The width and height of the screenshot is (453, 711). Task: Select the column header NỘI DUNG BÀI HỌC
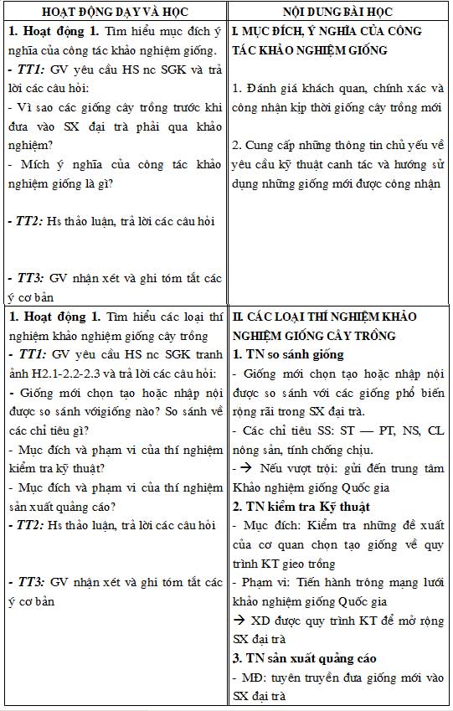click(x=340, y=12)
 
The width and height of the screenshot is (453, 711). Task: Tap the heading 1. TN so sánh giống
click(x=285, y=353)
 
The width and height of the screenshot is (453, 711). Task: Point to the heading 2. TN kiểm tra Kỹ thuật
click(x=301, y=507)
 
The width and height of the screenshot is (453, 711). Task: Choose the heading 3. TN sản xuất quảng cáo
click(x=305, y=657)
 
